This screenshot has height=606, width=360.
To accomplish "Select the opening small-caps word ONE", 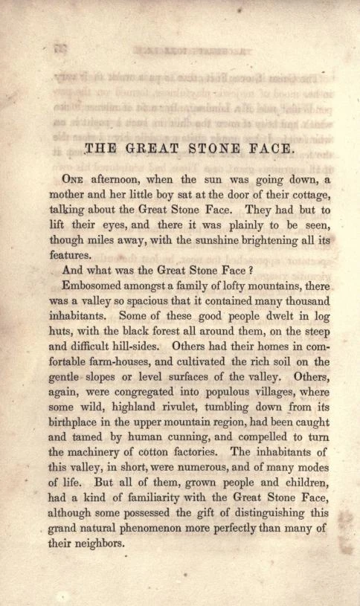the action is [74, 178].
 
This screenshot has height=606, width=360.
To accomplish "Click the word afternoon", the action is [119, 178].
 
